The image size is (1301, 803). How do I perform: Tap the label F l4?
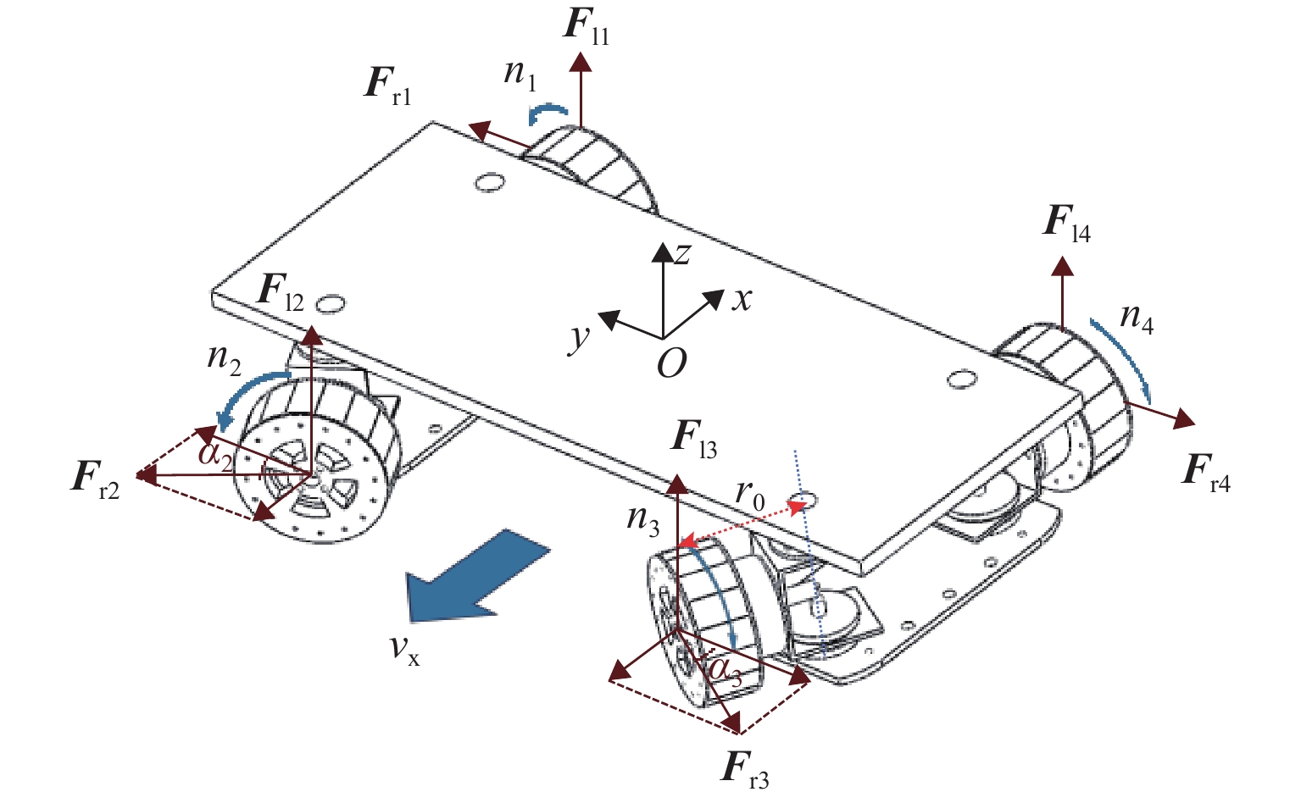[x=1066, y=224]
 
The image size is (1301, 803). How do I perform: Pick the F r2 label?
[x=95, y=479]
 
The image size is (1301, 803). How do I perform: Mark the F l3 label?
[x=693, y=440]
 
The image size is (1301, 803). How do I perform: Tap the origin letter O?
[x=671, y=364]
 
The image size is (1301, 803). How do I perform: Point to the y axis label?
[x=580, y=336]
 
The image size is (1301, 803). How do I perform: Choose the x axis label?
[x=742, y=297]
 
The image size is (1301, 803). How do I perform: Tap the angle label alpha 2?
[x=215, y=454]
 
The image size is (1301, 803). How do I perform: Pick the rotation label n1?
[x=520, y=74]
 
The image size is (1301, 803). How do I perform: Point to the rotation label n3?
[x=642, y=518]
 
